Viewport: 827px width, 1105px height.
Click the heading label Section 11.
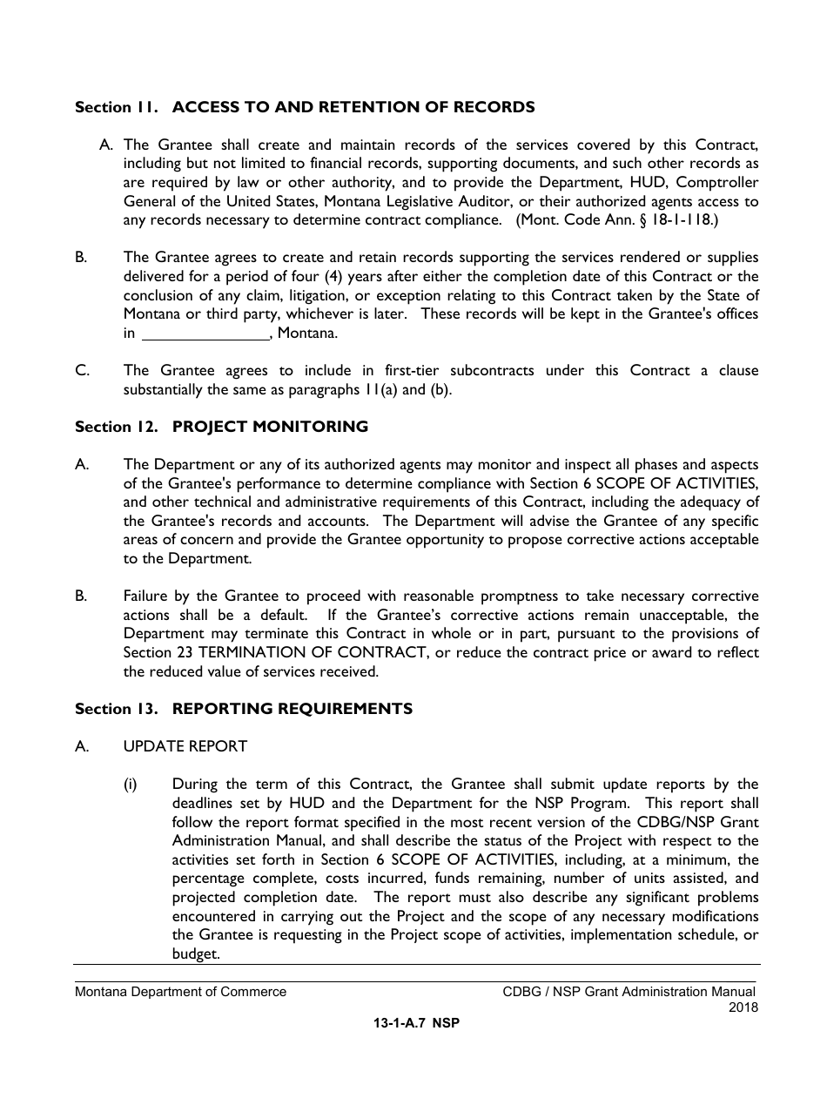tap(116, 108)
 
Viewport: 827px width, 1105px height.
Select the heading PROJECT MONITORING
tap(270, 427)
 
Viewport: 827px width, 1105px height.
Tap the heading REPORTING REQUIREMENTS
tap(292, 709)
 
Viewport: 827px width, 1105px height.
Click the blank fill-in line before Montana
tap(205, 334)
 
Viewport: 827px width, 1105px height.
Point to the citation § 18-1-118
tap(680, 220)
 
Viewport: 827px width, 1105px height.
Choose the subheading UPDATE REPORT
tap(185, 746)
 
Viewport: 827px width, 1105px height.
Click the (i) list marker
tap(130, 785)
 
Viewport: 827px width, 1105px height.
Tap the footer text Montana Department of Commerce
tap(180, 992)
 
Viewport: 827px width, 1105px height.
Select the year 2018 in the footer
tap(743, 1007)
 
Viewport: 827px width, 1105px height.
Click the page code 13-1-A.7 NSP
tap(416, 1024)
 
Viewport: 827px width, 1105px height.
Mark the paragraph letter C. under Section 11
tap(83, 371)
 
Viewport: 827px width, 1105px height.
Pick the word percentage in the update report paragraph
tap(212, 879)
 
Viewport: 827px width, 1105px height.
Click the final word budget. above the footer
tap(196, 953)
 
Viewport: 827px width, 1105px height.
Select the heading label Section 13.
tap(116, 709)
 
